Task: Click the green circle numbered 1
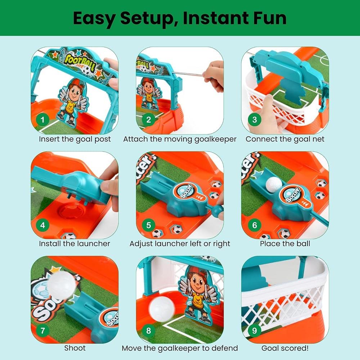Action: tap(42, 120)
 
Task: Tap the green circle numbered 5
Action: tap(149, 225)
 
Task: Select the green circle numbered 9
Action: tap(255, 330)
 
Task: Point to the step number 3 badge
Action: tap(255, 120)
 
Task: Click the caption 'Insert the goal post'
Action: tap(75, 139)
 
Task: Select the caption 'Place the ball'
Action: tap(285, 243)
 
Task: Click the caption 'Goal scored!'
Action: tap(285, 348)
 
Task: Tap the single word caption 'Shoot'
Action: tap(75, 348)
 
